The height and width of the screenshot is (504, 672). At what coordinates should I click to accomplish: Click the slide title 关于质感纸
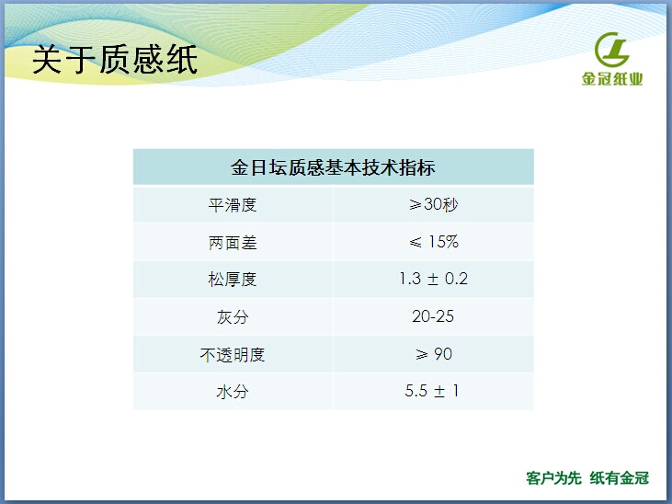click(115, 60)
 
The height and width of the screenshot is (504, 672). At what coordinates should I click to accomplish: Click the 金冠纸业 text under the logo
click(612, 79)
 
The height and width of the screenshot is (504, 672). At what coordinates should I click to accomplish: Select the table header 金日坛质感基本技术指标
click(333, 167)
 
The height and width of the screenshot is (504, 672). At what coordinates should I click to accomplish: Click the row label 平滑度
click(233, 205)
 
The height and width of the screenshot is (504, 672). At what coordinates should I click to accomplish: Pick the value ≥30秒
click(433, 204)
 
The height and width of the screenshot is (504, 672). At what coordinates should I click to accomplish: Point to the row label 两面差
click(233, 243)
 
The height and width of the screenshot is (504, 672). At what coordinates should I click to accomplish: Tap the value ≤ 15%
click(434, 242)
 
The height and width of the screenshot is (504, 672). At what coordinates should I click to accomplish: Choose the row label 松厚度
click(233, 280)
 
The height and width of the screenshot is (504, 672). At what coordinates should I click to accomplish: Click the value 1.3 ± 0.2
click(433, 279)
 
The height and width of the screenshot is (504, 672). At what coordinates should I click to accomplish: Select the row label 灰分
click(233, 317)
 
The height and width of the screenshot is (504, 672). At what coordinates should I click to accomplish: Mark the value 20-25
click(433, 316)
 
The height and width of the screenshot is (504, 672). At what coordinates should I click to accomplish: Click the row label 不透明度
click(233, 355)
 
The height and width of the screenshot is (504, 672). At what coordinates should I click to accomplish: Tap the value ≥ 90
click(434, 354)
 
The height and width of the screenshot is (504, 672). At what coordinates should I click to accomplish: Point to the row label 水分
click(233, 392)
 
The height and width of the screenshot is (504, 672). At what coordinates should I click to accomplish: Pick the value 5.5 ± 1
click(431, 391)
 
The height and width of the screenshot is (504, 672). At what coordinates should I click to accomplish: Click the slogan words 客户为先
click(553, 478)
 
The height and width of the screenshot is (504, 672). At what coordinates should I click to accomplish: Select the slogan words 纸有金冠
click(620, 478)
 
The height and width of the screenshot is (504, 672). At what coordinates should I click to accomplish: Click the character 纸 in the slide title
click(182, 60)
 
